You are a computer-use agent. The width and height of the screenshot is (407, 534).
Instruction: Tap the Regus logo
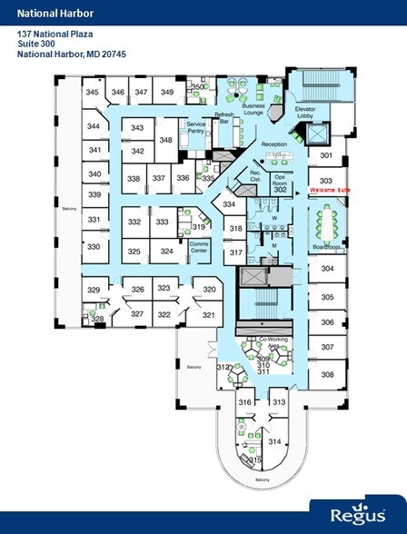coord(355,512)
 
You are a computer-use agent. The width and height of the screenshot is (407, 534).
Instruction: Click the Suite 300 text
coord(37,43)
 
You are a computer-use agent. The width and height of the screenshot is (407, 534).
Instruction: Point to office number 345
coord(92,93)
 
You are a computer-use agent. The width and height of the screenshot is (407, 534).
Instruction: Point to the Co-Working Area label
coord(273,342)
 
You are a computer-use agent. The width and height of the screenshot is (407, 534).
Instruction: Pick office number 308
coord(327,374)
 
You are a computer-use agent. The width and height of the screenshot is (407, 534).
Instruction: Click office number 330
coord(93,246)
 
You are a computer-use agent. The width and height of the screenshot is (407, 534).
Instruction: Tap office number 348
coord(166,140)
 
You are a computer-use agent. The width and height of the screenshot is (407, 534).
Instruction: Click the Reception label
coord(273,145)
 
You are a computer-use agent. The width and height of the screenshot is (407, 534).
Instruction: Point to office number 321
coord(208,314)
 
